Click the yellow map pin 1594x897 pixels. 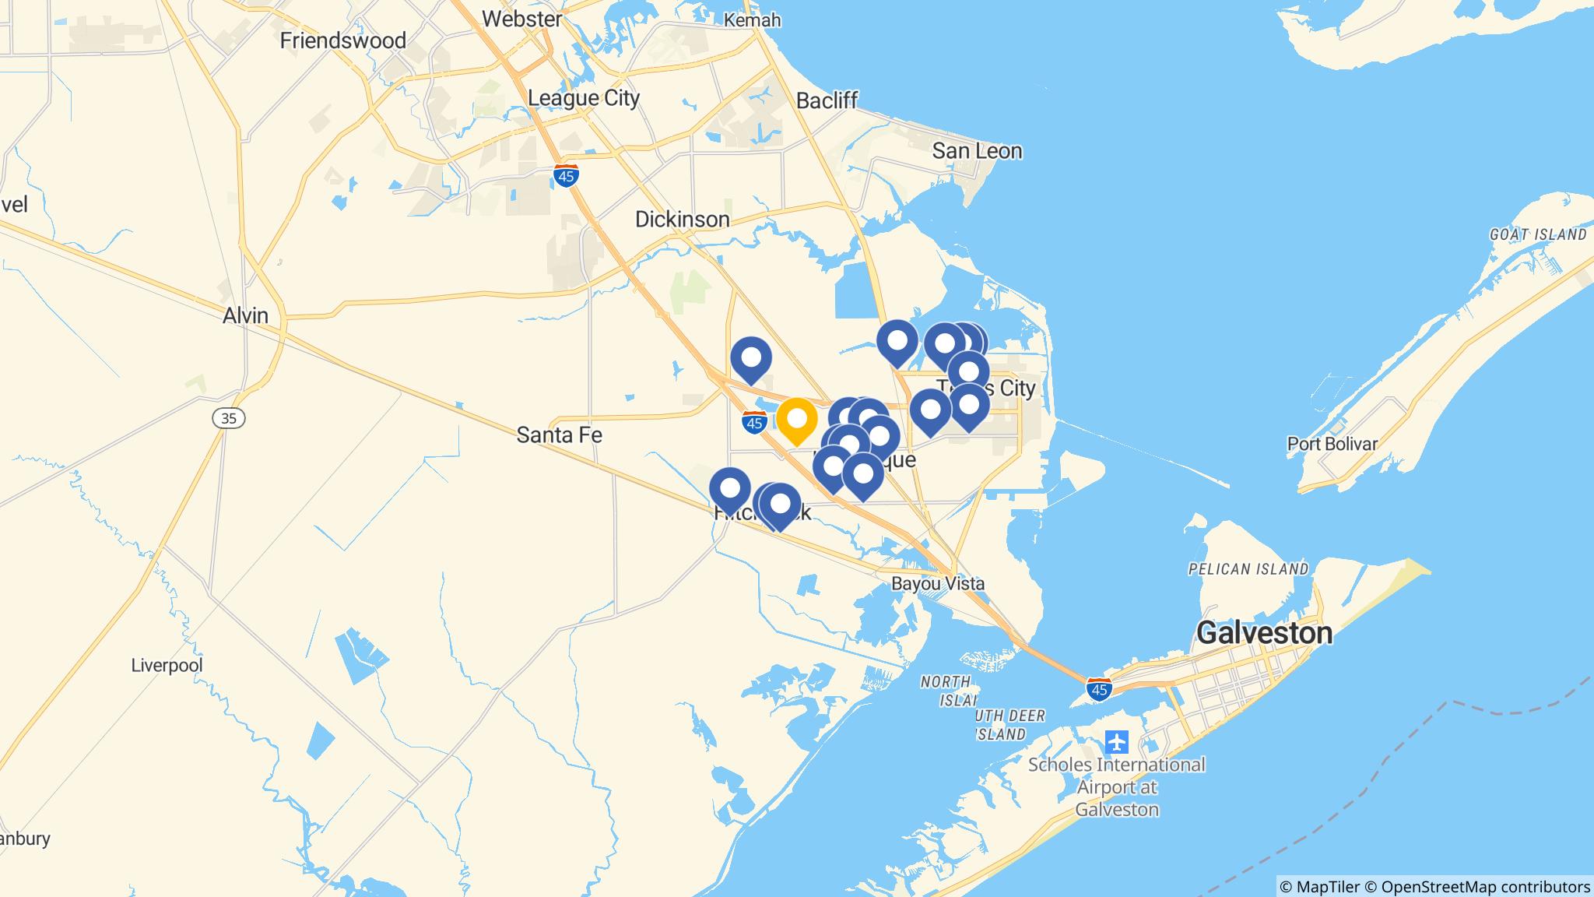pos(797,420)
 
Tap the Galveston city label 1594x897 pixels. pos(1264,633)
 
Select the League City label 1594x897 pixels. pos(584,98)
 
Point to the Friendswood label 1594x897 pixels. pos(343,40)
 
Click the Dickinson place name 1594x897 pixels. pos(683,220)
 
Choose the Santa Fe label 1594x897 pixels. pos(560,435)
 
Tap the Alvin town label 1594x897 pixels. pos(245,315)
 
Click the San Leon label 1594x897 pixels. pos(977,151)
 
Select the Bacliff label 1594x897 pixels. pos(827,100)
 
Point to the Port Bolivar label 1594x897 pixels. pos(1332,444)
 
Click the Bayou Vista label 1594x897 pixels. pos(938,583)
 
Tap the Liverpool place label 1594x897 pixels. pos(167,666)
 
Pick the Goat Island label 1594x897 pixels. pos(1538,234)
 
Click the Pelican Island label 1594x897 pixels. pos(1248,569)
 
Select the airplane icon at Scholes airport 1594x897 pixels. pos(1117,741)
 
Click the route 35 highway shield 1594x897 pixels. pos(229,419)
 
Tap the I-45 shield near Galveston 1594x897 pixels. pos(1099,689)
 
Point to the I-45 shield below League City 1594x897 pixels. pos(567,177)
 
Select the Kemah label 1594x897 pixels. pos(752,20)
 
